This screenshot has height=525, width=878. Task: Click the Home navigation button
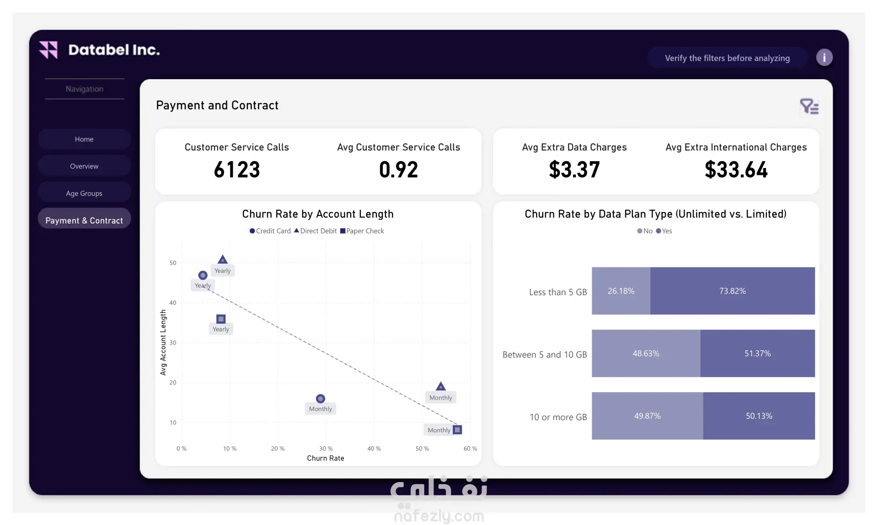click(84, 139)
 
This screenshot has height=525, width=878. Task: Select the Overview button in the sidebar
click(84, 166)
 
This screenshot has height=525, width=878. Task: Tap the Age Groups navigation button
click(84, 193)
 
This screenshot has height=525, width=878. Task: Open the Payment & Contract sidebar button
click(84, 220)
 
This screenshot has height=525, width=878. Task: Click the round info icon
click(824, 58)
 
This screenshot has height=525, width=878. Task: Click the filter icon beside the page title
click(809, 107)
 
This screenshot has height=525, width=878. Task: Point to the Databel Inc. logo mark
click(48, 50)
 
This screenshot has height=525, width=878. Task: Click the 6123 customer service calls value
click(237, 169)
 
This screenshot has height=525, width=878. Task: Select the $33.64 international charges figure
click(736, 169)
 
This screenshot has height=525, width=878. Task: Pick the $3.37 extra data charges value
click(574, 169)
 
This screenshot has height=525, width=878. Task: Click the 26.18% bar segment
click(621, 291)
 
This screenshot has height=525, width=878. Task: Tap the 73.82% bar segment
click(733, 291)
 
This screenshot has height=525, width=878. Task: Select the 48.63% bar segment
click(646, 353)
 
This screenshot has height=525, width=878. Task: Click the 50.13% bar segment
click(759, 416)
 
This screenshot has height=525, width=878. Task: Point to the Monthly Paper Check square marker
click(457, 430)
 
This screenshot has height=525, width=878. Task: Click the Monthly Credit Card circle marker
click(321, 399)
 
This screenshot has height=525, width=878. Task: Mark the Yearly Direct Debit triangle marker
click(223, 260)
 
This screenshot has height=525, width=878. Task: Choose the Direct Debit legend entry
click(316, 231)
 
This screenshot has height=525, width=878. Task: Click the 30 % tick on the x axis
click(326, 449)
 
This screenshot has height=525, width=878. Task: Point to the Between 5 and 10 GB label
click(545, 355)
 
